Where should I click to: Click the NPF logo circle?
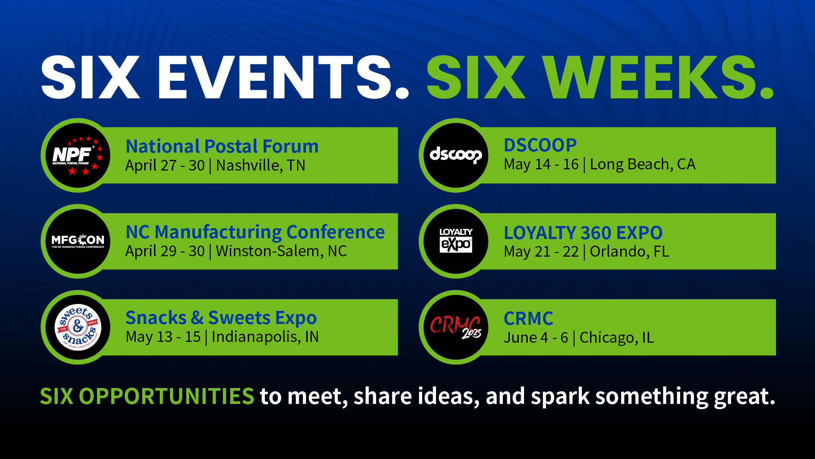tap(78, 155)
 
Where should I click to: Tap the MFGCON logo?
tap(78, 241)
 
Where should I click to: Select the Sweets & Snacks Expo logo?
tap(78, 327)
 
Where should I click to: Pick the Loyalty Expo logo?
tap(456, 241)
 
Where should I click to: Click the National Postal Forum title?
tap(222, 146)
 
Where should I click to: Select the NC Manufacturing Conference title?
tap(255, 233)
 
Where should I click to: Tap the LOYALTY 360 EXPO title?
tap(583, 233)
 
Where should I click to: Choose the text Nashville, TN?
tap(261, 166)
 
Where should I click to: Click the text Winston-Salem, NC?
tap(281, 251)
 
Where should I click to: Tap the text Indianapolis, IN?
tap(265, 337)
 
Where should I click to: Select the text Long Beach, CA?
tap(643, 164)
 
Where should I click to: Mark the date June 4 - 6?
tap(536, 338)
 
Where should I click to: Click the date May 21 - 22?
tap(541, 252)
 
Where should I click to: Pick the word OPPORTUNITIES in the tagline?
tap(166, 396)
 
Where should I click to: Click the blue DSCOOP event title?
tap(540, 145)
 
